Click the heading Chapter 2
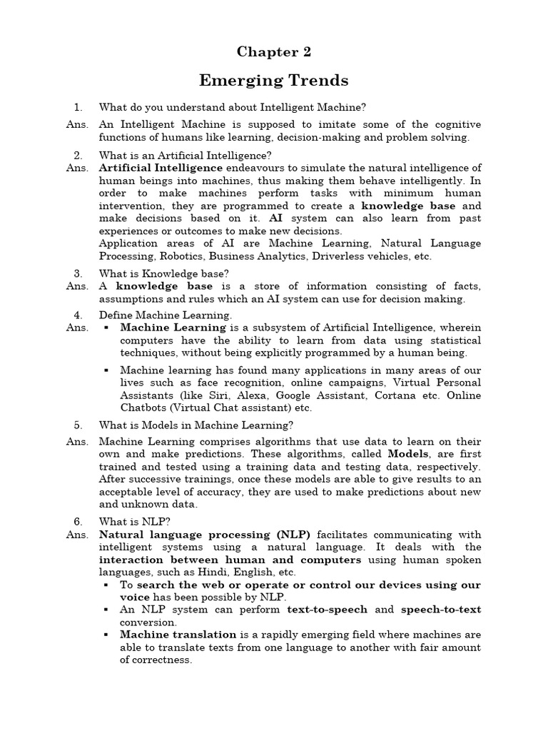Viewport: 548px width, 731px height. pos(274,52)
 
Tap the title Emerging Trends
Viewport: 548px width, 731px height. pos(274,80)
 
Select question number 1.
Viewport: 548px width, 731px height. pos(78,108)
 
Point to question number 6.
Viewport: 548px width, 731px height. pos(78,521)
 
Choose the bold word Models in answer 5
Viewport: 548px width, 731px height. pos(408,454)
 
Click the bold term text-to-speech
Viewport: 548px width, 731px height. pos(328,610)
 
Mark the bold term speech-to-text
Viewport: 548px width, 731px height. pos(441,610)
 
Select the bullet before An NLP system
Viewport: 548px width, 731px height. pos(106,610)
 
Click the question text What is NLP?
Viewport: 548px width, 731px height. pos(122,521)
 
